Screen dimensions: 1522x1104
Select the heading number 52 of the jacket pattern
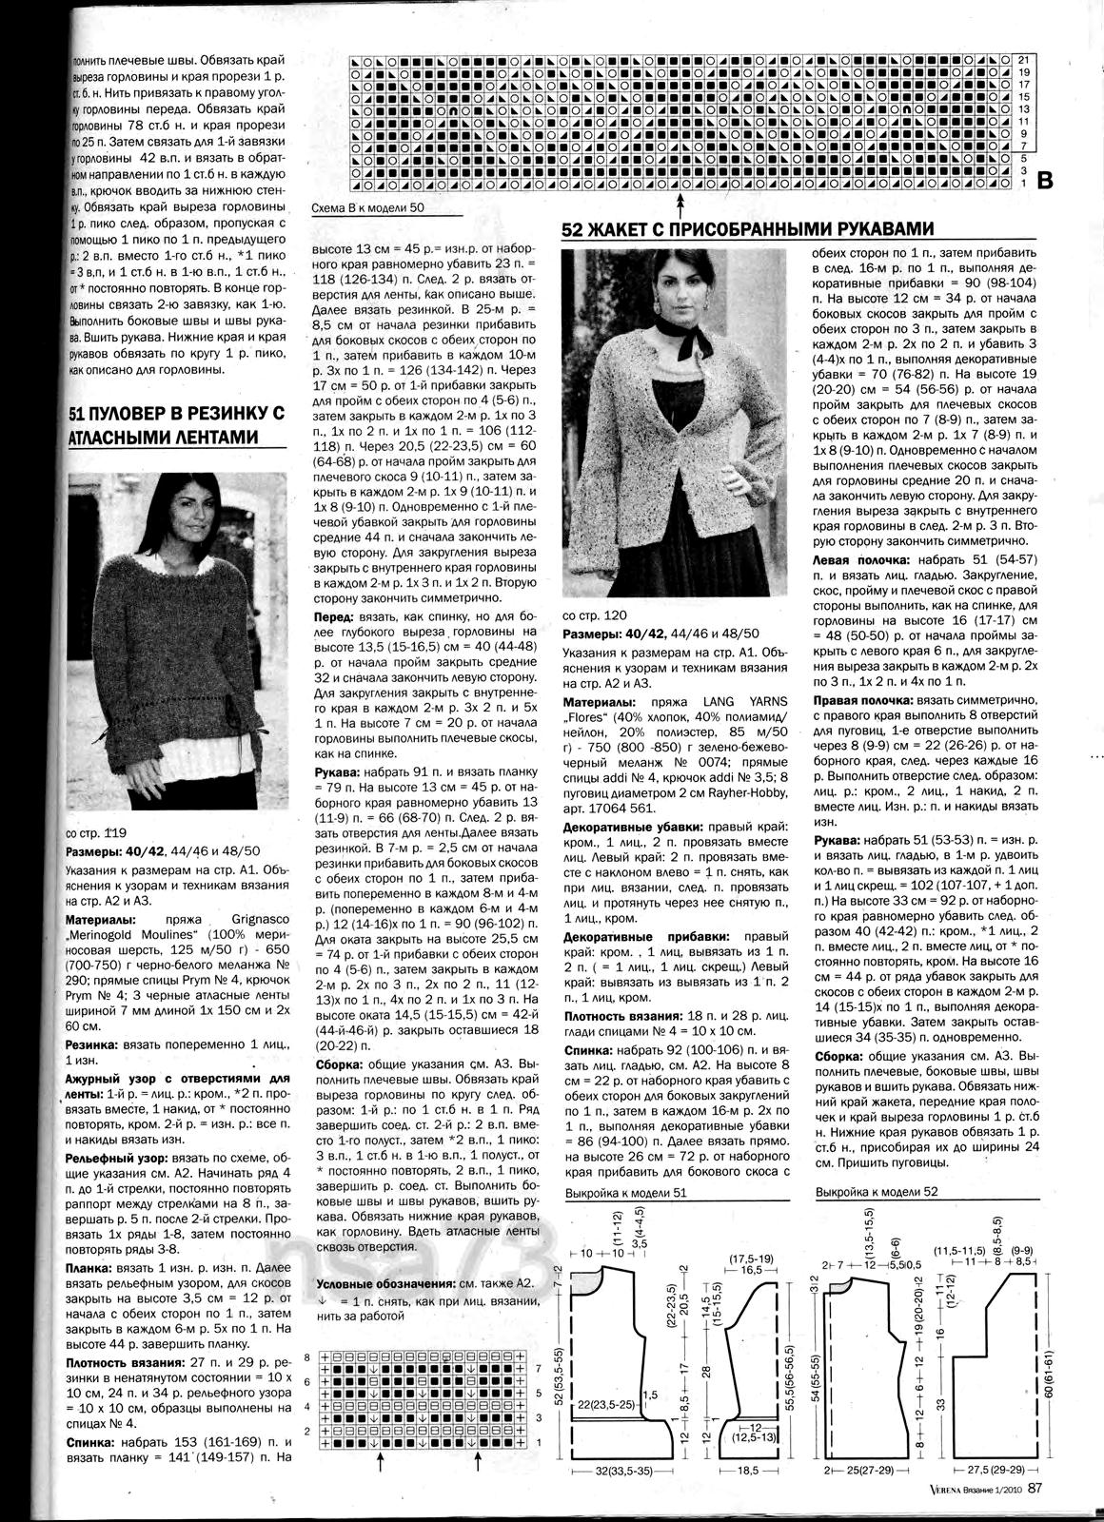(572, 229)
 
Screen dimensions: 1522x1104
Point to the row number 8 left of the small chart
(307, 1355)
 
